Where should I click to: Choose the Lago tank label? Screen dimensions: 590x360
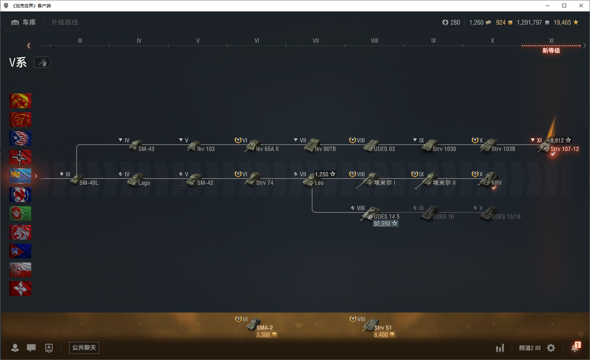(x=144, y=183)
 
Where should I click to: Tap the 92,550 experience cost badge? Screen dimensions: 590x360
(x=385, y=223)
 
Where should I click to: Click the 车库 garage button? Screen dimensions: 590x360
(x=24, y=22)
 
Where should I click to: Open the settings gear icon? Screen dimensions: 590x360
(x=551, y=348)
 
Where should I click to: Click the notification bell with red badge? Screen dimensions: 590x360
(x=575, y=347)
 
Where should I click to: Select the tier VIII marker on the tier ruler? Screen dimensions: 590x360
(x=374, y=41)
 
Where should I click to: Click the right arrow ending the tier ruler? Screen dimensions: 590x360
(x=584, y=46)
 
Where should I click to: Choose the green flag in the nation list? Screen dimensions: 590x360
(x=20, y=213)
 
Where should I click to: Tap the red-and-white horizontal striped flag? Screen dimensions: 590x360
(x=20, y=270)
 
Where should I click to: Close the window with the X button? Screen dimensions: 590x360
(x=581, y=6)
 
